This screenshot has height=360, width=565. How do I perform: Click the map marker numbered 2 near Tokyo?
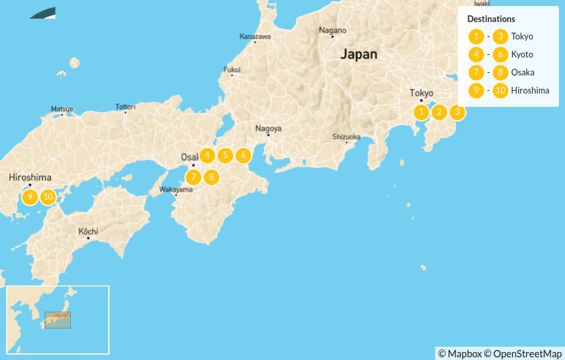439,112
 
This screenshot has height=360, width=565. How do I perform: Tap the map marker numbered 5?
225,156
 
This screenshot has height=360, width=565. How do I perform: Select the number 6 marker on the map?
243,156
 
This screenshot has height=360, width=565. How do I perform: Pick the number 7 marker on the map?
193,177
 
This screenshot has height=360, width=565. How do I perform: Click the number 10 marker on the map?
47,197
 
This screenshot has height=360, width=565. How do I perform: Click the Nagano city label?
332,30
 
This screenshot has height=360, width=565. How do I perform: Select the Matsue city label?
62,108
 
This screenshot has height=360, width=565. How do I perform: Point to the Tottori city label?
124,107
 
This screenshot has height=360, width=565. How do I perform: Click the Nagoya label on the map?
268,128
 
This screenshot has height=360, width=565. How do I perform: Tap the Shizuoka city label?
346,137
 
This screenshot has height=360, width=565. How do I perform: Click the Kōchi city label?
88,232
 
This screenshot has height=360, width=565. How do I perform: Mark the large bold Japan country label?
359,54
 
